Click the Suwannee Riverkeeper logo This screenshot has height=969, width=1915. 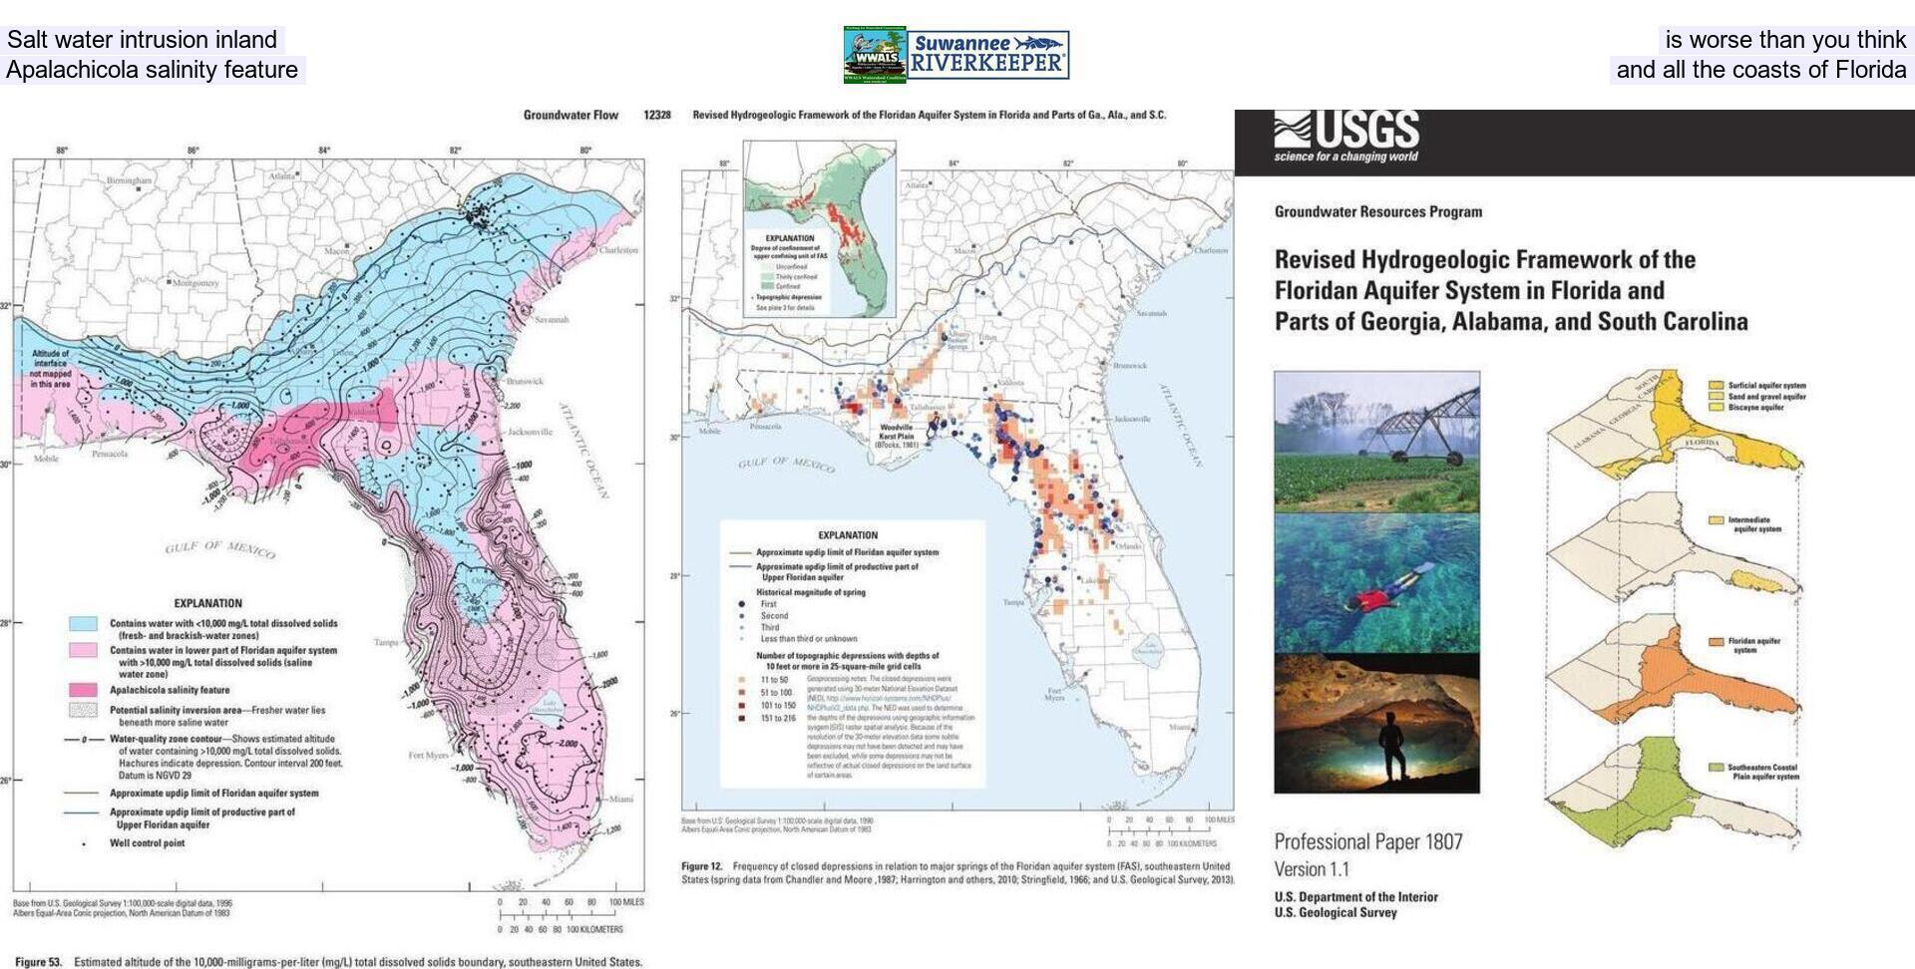988,55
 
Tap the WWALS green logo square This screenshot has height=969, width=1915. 875,54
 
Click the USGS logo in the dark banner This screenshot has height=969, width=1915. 1346,136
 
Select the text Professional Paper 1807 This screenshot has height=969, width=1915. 1367,841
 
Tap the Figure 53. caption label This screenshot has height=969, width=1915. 38,962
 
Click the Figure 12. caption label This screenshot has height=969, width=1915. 701,866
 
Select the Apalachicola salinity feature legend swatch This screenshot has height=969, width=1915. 83,690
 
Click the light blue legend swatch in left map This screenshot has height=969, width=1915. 83,624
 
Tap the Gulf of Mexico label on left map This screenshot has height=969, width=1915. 219,548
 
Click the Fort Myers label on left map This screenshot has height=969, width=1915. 428,755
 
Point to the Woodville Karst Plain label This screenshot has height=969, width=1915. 895,436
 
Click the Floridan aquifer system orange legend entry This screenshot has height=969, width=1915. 1754,645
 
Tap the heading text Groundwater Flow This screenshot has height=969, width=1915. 571,115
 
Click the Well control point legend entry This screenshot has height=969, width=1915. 147,843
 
